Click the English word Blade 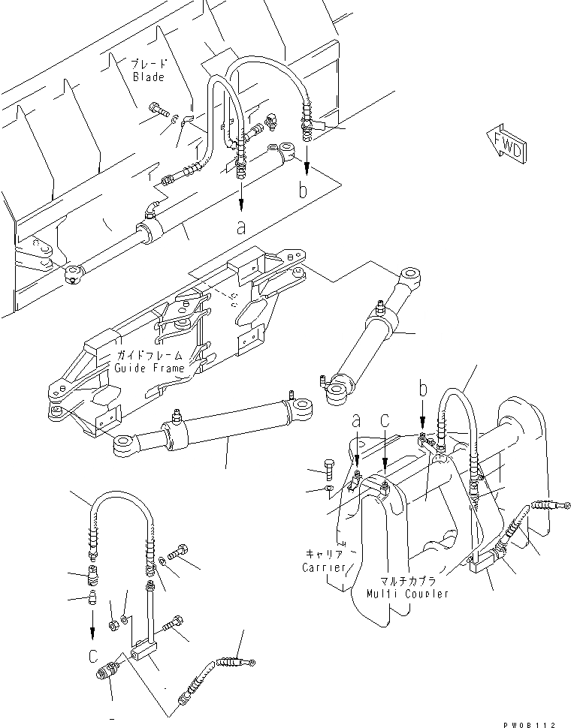(148, 77)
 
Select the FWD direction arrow (504, 146)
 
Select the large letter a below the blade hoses (240, 227)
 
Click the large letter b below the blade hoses (303, 190)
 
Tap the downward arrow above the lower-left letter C (92, 622)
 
